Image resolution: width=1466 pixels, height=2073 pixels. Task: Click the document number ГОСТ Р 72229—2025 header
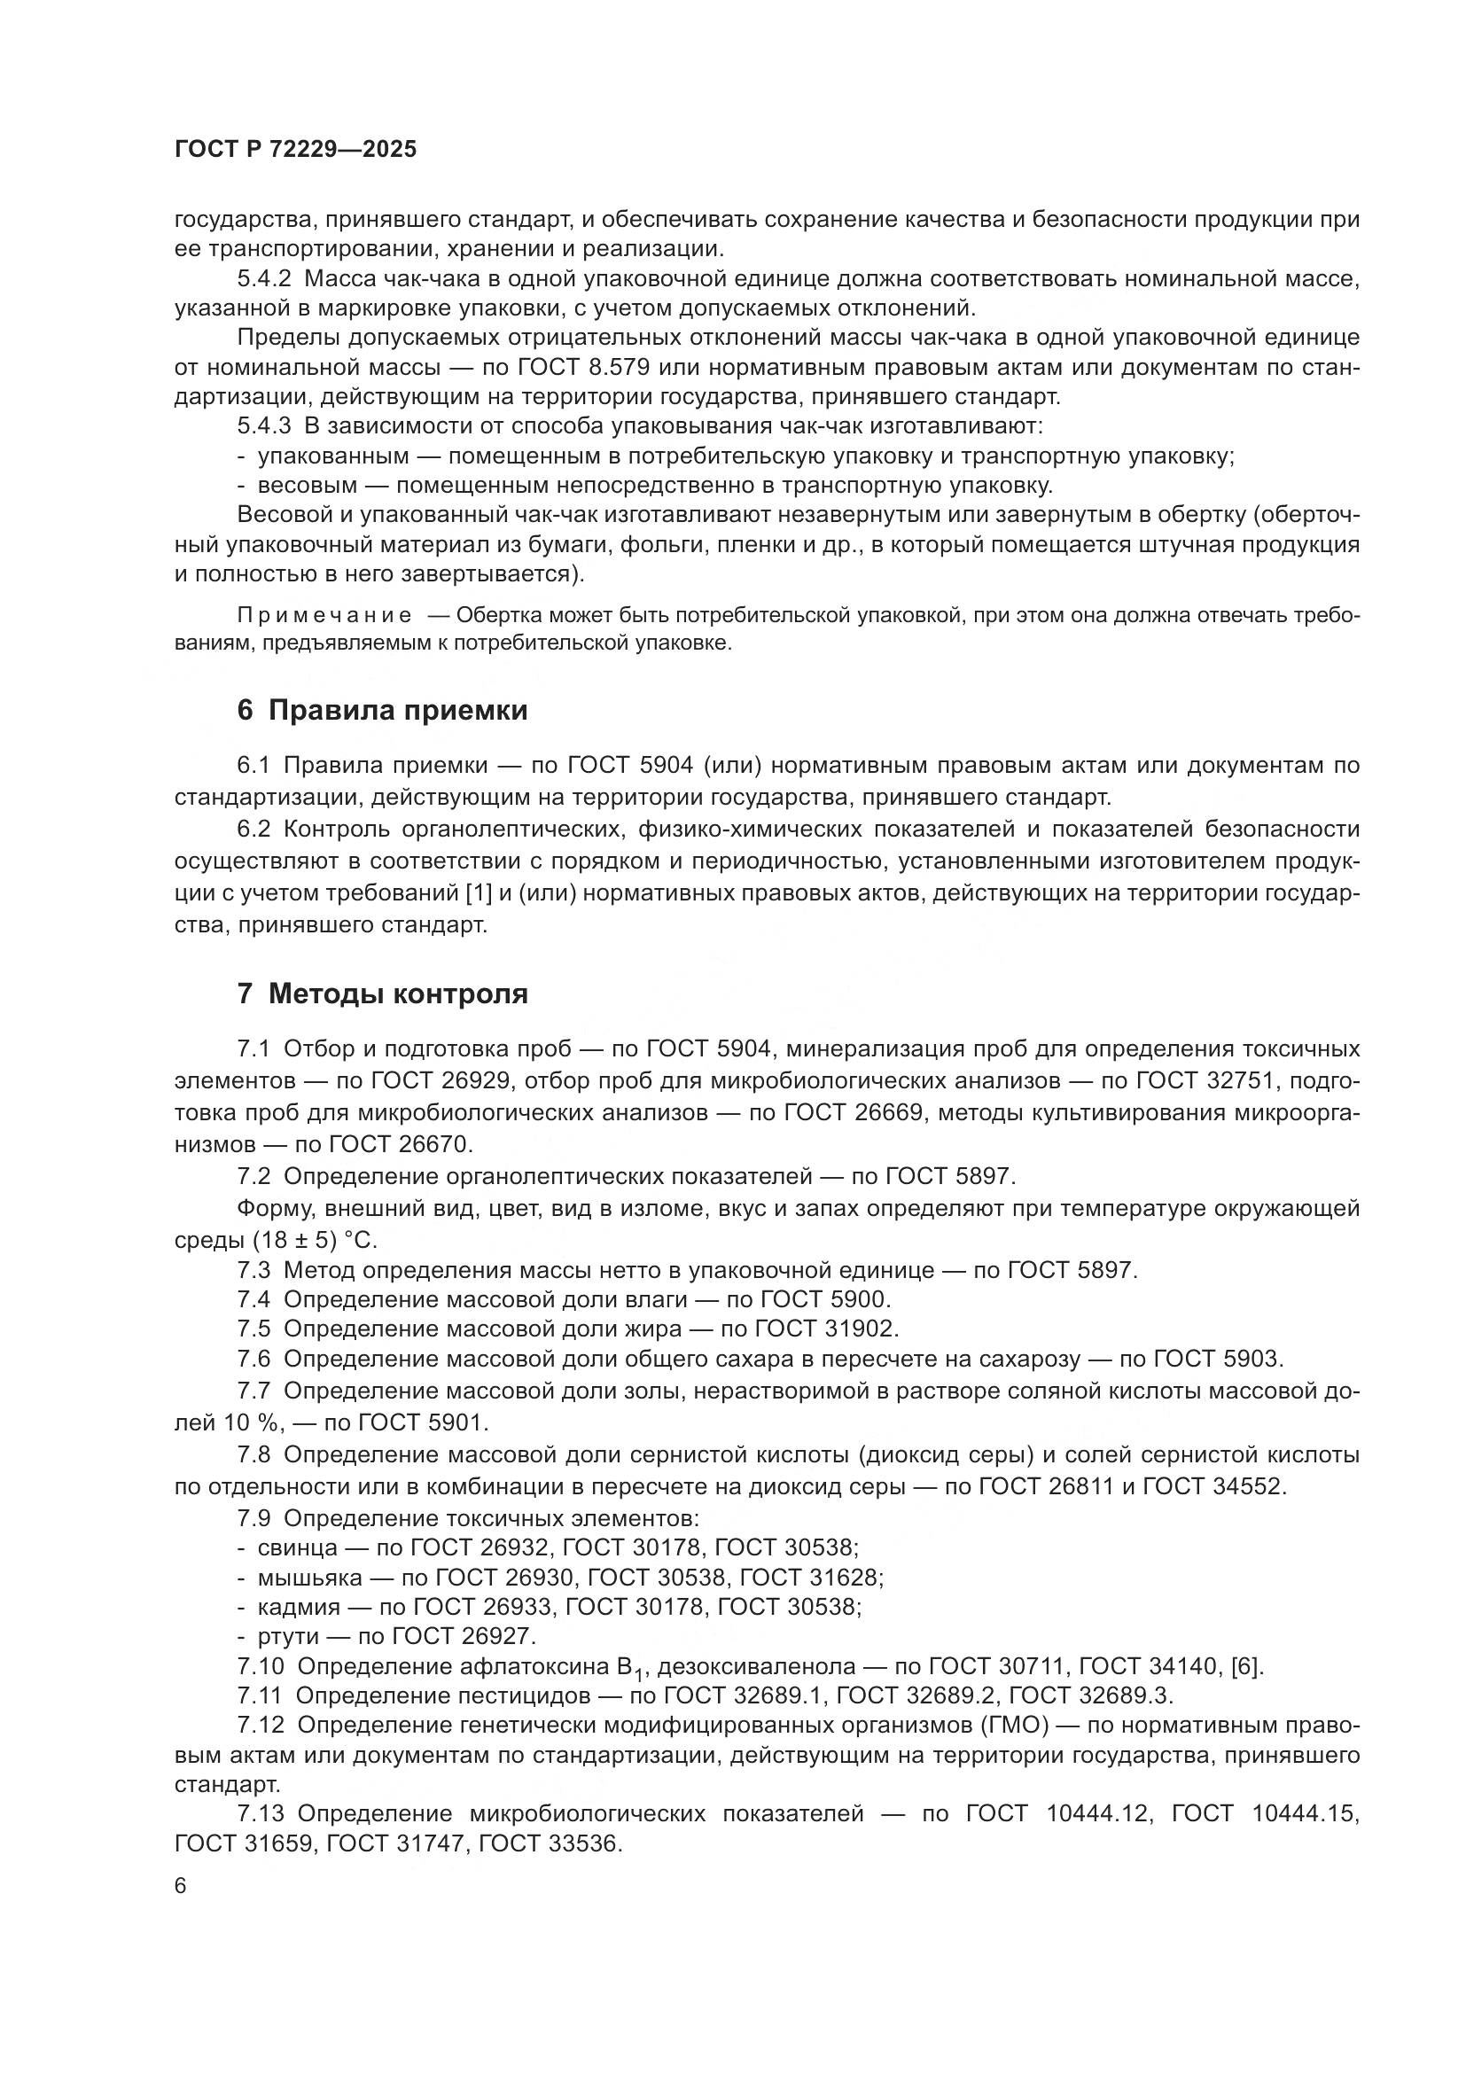295,150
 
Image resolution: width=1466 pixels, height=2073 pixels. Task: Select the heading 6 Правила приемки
382,711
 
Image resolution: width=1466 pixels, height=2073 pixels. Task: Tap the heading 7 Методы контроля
382,994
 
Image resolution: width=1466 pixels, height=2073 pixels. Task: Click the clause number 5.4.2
263,279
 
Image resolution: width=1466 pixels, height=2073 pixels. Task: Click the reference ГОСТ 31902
826,1329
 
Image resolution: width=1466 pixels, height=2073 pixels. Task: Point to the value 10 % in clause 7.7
249,1423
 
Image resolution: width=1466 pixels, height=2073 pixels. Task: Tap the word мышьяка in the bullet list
309,1577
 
